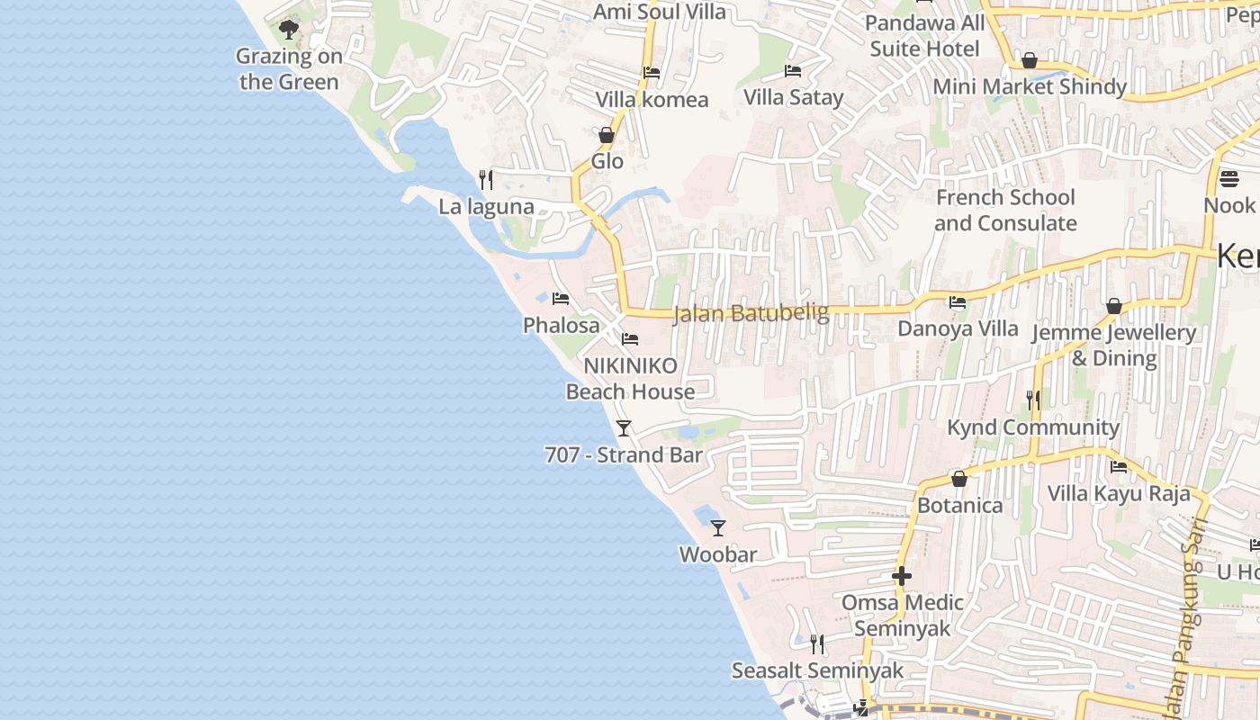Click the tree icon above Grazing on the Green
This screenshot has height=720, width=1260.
[288, 31]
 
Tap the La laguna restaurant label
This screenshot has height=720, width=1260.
[486, 207]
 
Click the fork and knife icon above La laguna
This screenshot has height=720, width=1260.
[486, 180]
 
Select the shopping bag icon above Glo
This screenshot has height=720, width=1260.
[607, 135]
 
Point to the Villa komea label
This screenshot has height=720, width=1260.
[652, 99]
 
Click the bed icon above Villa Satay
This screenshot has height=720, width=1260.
[793, 70]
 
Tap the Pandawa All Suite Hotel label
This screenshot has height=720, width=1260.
[924, 35]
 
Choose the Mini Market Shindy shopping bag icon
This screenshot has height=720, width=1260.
[1030, 60]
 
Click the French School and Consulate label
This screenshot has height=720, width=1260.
[1005, 210]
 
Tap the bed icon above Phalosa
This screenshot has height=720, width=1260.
[561, 298]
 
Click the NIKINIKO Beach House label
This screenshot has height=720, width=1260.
[630, 378]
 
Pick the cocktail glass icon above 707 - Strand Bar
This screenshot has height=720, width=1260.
[624, 427]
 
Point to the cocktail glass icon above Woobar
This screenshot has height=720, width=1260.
[717, 527]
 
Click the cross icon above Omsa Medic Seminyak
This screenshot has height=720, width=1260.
[902, 576]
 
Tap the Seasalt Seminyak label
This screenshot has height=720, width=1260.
[817, 670]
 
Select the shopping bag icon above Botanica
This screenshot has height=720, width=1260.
[959, 478]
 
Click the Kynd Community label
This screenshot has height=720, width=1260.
[1032, 427]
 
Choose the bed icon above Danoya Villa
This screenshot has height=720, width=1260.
[958, 302]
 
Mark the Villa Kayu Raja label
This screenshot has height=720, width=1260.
[1118, 493]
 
